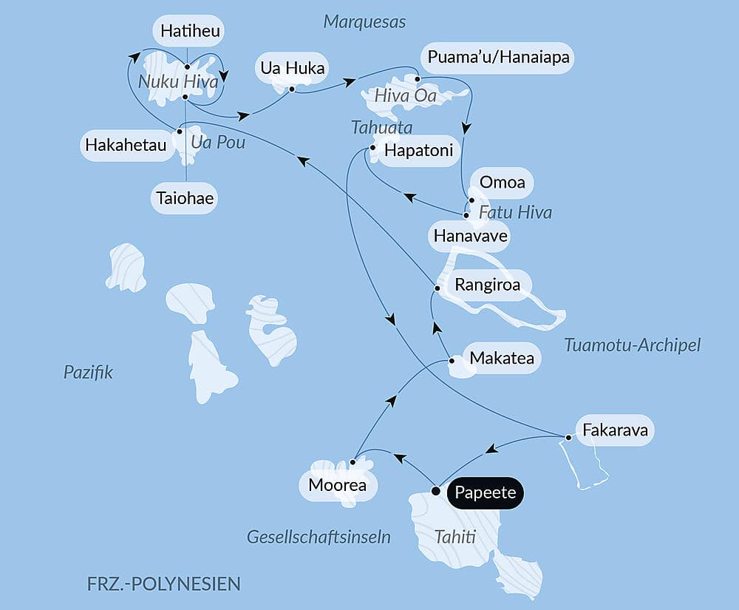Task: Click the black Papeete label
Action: [x=485, y=493]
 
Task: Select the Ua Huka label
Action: [x=292, y=68]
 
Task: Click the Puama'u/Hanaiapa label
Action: [x=497, y=57]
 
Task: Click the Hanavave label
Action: [x=470, y=237]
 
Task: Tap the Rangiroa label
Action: [x=488, y=285]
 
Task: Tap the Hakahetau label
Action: [x=125, y=145]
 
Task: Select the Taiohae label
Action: [x=185, y=198]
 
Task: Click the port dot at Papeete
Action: [x=436, y=491]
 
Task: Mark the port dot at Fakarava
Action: [x=568, y=438]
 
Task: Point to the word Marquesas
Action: [x=364, y=21]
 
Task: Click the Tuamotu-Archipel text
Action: [x=631, y=345]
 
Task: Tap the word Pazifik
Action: [x=88, y=372]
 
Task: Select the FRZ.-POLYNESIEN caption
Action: [x=163, y=583]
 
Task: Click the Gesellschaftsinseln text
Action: [x=319, y=537]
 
